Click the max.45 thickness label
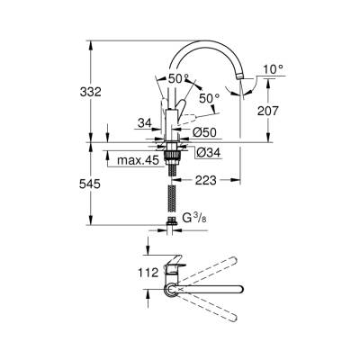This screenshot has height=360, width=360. point(138,161)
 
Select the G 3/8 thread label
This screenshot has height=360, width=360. point(201,219)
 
